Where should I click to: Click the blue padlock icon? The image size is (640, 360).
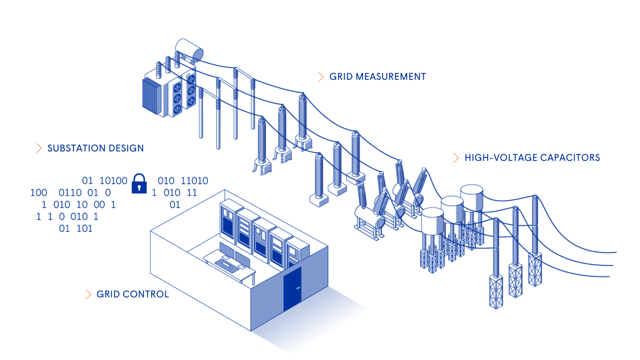click(x=139, y=184)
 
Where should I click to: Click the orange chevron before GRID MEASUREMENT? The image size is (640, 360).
click(x=321, y=77)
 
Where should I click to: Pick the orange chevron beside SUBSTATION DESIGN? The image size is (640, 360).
click(x=39, y=148)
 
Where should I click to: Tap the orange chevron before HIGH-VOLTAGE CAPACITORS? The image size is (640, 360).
click(x=456, y=158)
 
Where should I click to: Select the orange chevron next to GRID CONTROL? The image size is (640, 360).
click(x=88, y=294)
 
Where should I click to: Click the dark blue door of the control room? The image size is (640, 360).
click(x=292, y=289)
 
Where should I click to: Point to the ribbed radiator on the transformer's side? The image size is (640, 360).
click(x=152, y=96)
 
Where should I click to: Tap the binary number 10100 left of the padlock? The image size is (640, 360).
click(x=113, y=181)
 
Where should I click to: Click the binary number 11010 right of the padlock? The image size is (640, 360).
click(x=194, y=181)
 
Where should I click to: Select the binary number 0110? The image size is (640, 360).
click(x=70, y=192)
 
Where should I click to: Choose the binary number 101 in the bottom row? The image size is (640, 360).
click(x=84, y=228)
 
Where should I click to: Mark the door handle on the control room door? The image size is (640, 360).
click(x=298, y=288)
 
